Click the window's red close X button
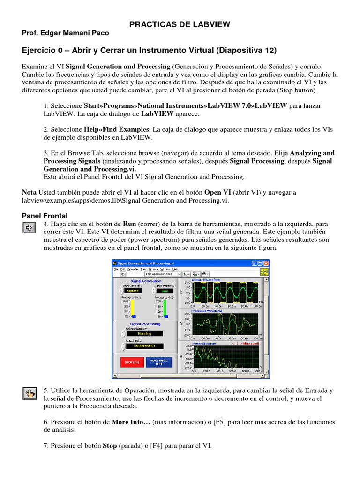(266, 263)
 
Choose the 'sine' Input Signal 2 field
(164, 290)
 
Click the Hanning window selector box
(144, 333)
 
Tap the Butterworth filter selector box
(144, 346)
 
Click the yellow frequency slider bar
(133, 309)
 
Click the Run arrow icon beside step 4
(29, 227)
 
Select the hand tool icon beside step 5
(29, 393)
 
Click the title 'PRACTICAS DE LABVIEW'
(180, 24)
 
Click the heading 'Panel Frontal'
(45, 216)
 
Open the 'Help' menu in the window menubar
(175, 269)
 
